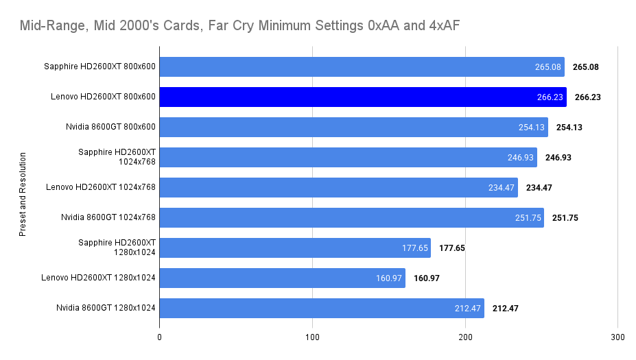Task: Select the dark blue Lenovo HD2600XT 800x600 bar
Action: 363,97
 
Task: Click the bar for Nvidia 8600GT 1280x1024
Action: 322,308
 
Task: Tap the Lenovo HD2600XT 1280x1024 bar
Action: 282,278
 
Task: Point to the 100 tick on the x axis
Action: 313,337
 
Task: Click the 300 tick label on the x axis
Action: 617,337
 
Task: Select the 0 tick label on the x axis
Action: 160,337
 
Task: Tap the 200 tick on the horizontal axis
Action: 465,337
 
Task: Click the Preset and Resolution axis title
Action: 22,194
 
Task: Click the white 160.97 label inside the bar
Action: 388,278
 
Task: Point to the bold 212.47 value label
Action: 505,308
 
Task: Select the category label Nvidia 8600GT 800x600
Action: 108,127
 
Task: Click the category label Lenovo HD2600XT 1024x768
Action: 101,187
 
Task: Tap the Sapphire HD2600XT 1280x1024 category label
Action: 117,248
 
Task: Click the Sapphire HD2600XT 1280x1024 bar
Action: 295,248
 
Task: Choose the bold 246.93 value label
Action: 558,157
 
